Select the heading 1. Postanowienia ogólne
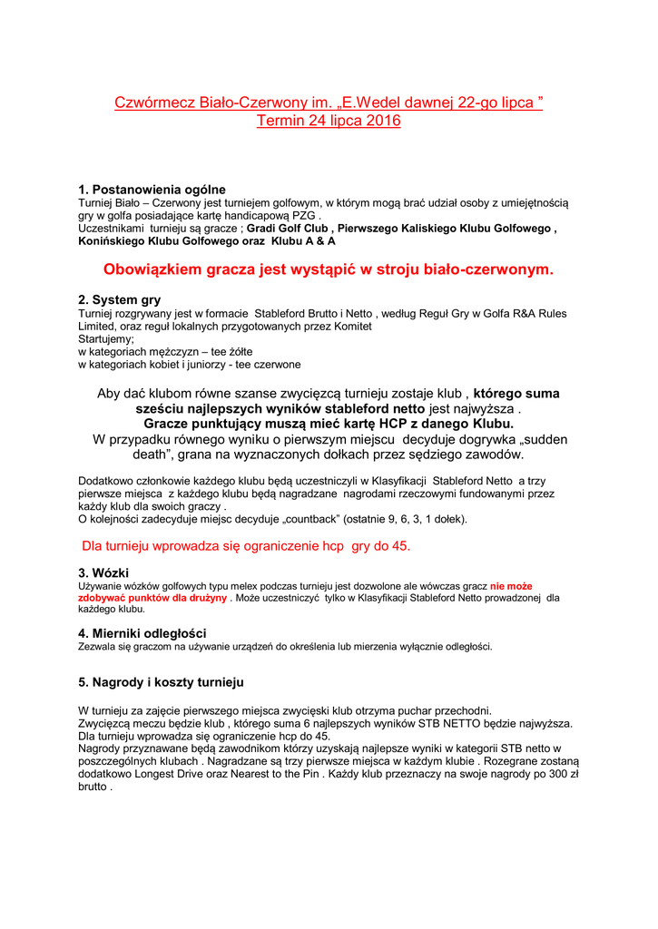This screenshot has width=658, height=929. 152,190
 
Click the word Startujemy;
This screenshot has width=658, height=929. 105,338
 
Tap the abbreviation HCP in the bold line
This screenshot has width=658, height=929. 378,424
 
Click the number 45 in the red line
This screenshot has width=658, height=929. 399,546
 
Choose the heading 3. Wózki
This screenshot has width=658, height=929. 103,573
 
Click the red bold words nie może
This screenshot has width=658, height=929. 511,586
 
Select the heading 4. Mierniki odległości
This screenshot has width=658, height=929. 142,632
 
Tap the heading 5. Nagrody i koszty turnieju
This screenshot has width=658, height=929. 161,681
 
